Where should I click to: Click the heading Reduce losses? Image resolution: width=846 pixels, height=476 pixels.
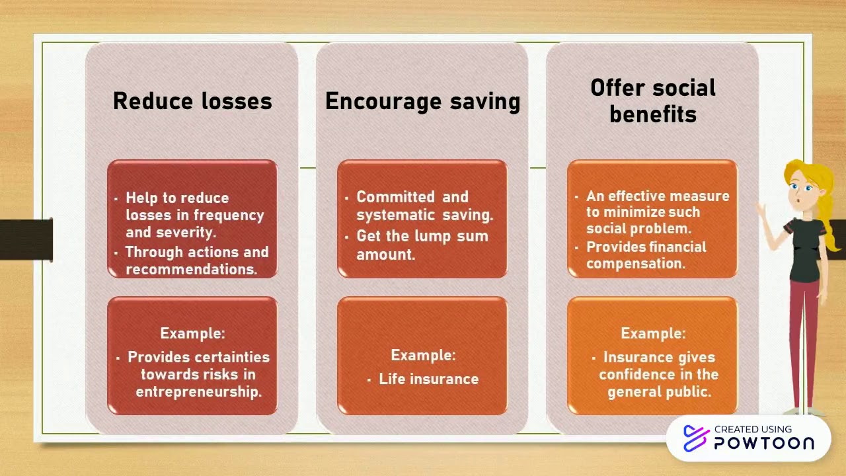(192, 101)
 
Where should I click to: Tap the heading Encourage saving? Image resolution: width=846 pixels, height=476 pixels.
(422, 101)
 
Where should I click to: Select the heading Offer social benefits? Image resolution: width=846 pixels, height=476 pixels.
(652, 100)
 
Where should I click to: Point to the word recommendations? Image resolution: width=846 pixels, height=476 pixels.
(191, 269)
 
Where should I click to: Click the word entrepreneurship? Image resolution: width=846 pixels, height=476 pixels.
(199, 391)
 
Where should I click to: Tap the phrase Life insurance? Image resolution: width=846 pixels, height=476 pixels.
(428, 379)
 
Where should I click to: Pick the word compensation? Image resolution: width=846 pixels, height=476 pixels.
(635, 263)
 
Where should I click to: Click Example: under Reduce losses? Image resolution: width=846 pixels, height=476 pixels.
(192, 333)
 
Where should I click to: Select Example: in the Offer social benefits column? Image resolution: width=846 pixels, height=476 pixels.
(652, 333)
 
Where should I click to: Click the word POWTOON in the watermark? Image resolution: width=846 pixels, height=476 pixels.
(763, 443)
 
